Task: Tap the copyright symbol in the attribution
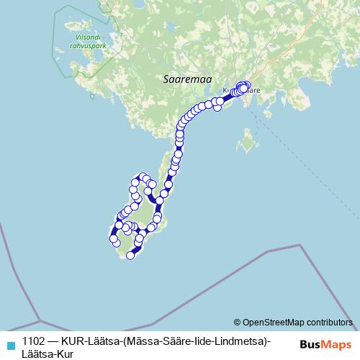237,323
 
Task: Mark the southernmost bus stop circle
130,255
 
